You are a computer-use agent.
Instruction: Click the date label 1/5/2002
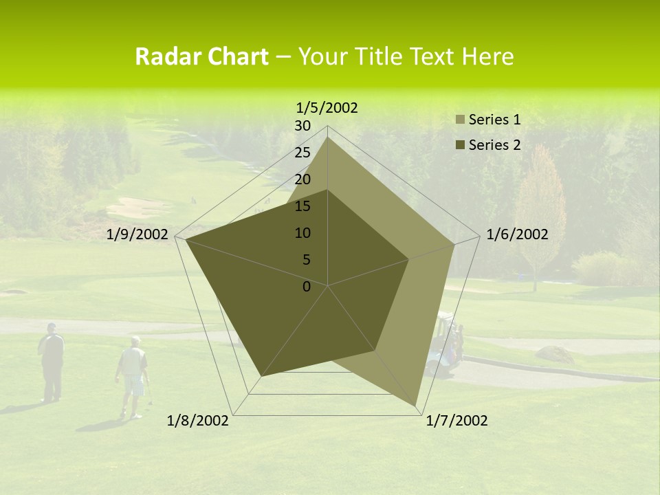pyautogui.click(x=327, y=107)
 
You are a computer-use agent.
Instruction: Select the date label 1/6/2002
pyautogui.click(x=517, y=234)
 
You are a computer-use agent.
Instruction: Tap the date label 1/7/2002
pyautogui.click(x=456, y=421)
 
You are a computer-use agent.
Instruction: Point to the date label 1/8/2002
pyautogui.click(x=198, y=421)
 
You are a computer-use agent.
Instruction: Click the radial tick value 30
pyautogui.click(x=302, y=126)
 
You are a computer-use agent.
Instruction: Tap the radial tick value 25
pyautogui.click(x=302, y=153)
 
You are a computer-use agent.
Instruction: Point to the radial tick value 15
pyautogui.click(x=302, y=206)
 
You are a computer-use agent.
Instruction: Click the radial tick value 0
pyautogui.click(x=307, y=287)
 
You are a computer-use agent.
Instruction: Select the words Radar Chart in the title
pyautogui.click(x=201, y=56)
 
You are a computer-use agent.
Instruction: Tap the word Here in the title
pyautogui.click(x=488, y=56)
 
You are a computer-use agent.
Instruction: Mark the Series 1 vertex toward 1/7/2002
pyautogui.click(x=416, y=406)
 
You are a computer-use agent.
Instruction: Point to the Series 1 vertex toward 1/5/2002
pyautogui.click(x=328, y=137)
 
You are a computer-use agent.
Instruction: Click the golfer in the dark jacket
pyautogui.click(x=52, y=361)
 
